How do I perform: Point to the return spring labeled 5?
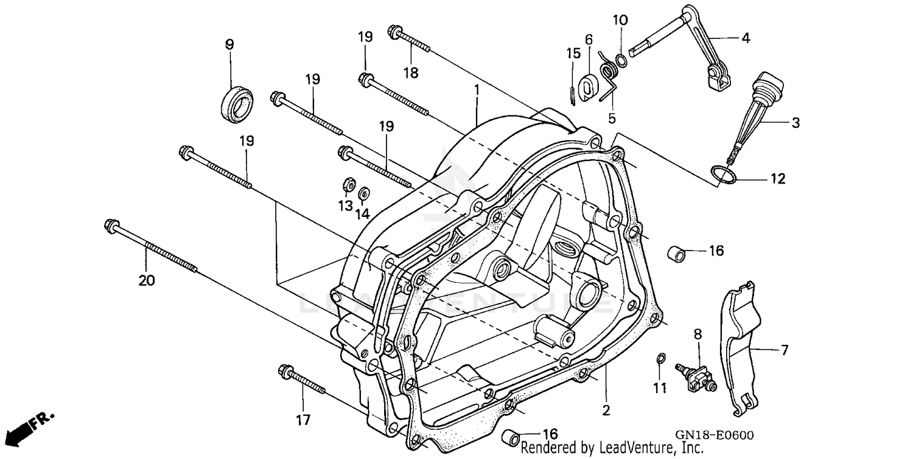click(609, 79)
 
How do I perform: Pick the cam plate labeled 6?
click(587, 85)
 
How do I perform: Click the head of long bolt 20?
click(111, 224)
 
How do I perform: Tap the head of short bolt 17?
click(284, 371)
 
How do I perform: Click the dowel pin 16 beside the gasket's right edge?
click(677, 251)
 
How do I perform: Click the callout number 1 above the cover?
click(477, 90)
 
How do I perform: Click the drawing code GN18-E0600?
click(714, 435)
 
